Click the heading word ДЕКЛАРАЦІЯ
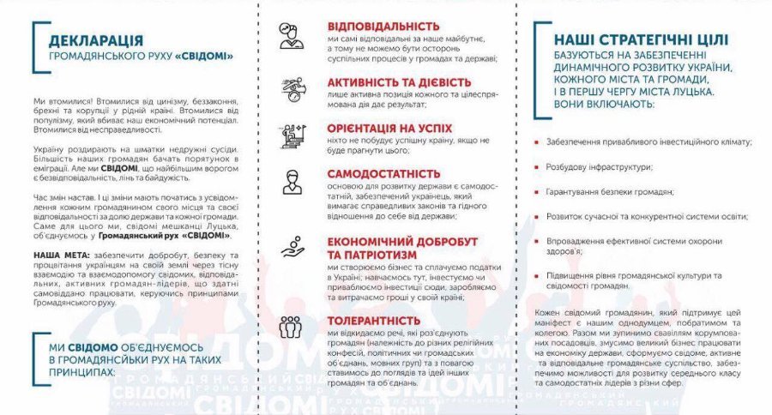(x=96, y=40)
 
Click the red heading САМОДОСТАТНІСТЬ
(x=383, y=174)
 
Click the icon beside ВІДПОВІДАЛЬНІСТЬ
(x=292, y=35)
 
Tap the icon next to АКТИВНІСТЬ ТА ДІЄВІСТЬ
(x=292, y=89)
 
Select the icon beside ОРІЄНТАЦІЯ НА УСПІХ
(x=292, y=135)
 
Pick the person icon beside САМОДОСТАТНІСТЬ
(x=292, y=182)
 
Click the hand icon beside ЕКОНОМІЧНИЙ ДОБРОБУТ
(x=292, y=248)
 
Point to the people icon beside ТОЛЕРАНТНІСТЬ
(x=292, y=327)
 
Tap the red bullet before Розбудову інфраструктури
(x=536, y=167)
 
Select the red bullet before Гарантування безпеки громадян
(x=536, y=193)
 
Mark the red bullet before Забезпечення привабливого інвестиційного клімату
(x=536, y=142)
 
